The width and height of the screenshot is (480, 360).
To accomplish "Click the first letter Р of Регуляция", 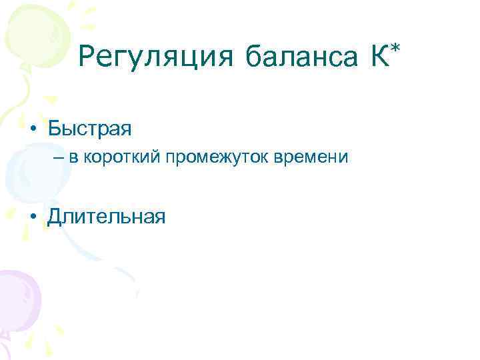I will pyautogui.click(x=87, y=57).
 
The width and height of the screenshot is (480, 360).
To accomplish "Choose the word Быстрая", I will pyautogui.click(x=89, y=127).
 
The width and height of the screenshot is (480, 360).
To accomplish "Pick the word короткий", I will pyautogui.click(x=117, y=159).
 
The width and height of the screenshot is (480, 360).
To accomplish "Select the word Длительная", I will pyautogui.click(x=106, y=217).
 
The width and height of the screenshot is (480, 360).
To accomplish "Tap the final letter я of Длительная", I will pyautogui.click(x=159, y=219).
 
